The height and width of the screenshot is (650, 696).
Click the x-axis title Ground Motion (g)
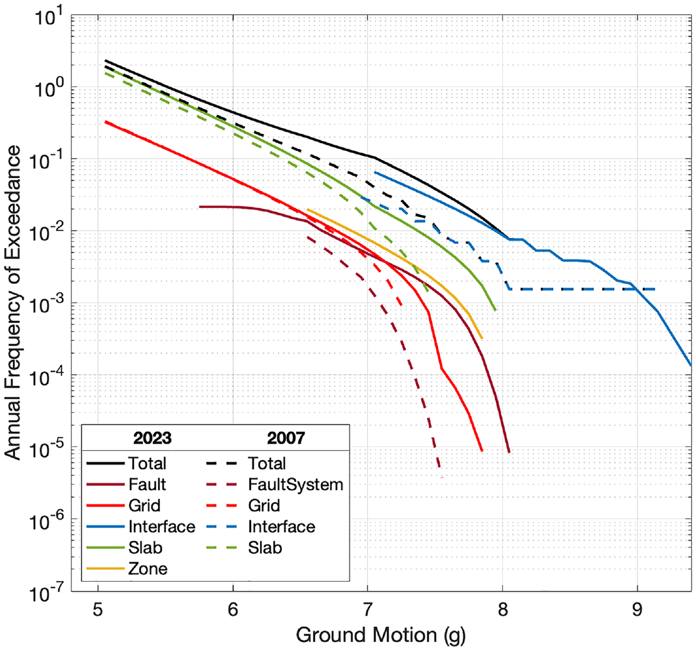point(381,635)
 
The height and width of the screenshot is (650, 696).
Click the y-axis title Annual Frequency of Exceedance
point(13,302)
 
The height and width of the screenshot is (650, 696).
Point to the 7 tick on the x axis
point(368,610)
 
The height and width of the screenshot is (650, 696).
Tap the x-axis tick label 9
point(637,610)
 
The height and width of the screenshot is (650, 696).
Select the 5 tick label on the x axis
point(98,610)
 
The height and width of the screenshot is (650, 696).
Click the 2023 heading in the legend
point(152,438)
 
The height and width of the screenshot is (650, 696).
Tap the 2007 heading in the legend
point(286,438)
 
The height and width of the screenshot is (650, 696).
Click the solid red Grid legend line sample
point(105,506)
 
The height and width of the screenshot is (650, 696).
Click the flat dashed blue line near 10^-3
point(582,289)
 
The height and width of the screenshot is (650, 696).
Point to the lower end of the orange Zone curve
point(482,338)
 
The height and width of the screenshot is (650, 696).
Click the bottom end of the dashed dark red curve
point(440,467)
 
